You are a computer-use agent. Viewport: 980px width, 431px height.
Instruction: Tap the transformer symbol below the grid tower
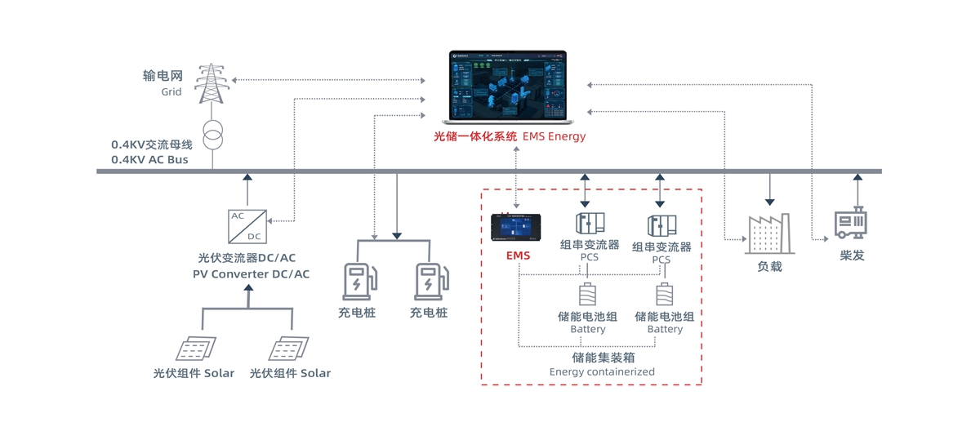(212, 136)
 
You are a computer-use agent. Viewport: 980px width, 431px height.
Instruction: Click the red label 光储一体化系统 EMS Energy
(510, 136)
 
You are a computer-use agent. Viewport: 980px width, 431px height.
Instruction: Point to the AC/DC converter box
(247, 226)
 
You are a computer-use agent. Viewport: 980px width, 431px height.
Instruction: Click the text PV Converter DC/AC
(251, 274)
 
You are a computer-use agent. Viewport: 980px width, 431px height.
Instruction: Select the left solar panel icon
(197, 349)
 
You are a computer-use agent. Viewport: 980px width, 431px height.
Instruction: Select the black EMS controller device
(516, 227)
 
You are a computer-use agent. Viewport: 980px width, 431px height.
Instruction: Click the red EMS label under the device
(518, 255)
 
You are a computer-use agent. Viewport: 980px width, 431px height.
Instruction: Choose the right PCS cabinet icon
(661, 225)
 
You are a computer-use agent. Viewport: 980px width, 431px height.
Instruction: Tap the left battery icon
(587, 295)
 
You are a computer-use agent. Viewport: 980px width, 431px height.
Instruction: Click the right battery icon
(665, 295)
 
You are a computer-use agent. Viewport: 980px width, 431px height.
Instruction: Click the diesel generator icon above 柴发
(850, 223)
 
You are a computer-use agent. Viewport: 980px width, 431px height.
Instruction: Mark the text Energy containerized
(602, 371)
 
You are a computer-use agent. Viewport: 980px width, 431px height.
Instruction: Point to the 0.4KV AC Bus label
(149, 160)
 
